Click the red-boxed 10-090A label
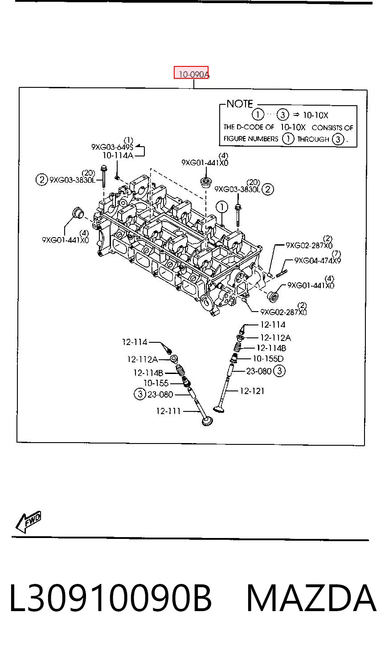(x=191, y=72)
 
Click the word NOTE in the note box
(x=240, y=104)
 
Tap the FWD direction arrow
(x=28, y=522)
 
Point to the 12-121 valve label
(x=252, y=391)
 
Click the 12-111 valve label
(x=168, y=411)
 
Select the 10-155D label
(x=268, y=359)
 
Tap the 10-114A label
(x=118, y=156)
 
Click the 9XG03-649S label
(x=112, y=147)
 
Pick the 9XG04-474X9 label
(x=318, y=260)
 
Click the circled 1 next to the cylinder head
(x=222, y=207)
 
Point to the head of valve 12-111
(x=207, y=421)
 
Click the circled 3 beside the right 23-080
(x=279, y=371)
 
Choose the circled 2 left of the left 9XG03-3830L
(x=41, y=180)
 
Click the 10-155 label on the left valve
(x=156, y=383)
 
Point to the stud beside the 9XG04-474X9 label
(x=281, y=273)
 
